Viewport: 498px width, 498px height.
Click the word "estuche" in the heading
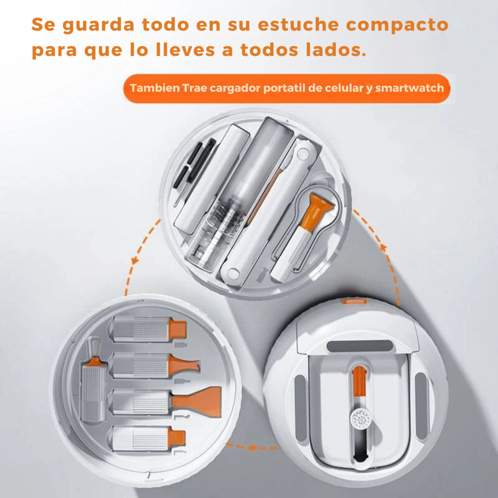point(298,25)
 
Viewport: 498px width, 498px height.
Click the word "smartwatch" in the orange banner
point(409,88)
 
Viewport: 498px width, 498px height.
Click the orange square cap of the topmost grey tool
point(177,329)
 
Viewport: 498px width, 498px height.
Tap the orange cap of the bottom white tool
point(177,437)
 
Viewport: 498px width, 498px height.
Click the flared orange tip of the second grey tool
point(184,365)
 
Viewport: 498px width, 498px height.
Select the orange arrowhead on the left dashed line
point(136,260)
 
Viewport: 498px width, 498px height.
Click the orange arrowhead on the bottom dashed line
point(253,448)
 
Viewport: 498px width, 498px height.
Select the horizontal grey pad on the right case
point(360,346)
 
